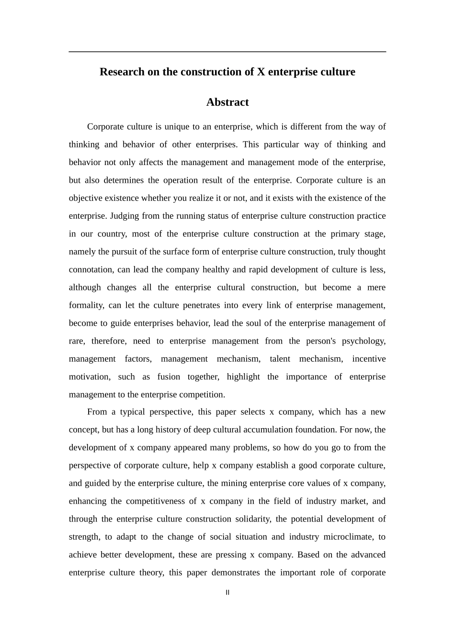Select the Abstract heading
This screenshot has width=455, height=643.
point(227,102)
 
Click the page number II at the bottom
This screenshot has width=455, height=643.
point(227,592)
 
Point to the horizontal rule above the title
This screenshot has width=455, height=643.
point(227,52)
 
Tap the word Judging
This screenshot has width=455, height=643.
point(125,216)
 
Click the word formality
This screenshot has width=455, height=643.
point(86,305)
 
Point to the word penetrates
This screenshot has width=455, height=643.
point(202,305)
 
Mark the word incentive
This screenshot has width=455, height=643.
point(369,359)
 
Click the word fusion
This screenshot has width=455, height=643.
point(169,377)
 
